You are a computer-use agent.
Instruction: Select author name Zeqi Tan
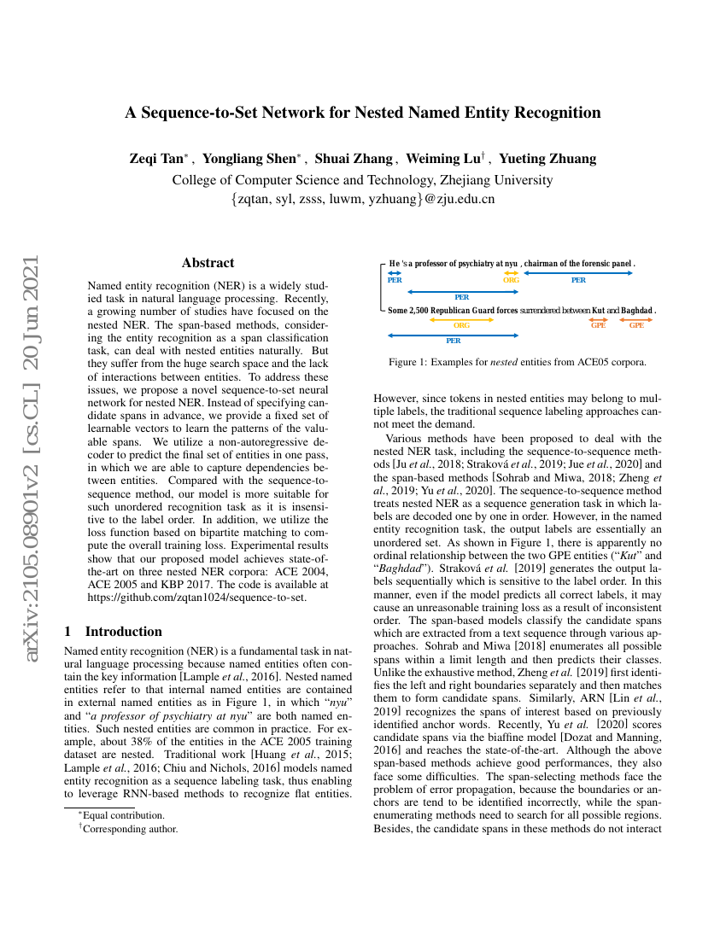click(x=155, y=159)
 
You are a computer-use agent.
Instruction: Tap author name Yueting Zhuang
click(x=547, y=159)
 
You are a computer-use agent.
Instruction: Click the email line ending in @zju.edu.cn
click(x=363, y=200)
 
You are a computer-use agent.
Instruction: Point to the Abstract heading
click(x=208, y=263)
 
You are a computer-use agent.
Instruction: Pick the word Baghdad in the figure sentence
click(x=636, y=311)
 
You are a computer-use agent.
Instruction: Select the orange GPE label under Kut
click(x=599, y=325)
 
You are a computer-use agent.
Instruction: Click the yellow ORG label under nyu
click(x=511, y=280)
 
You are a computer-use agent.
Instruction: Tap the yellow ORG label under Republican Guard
click(x=461, y=325)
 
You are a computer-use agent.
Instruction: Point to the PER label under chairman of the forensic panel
click(x=578, y=280)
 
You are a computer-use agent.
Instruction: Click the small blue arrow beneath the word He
click(x=394, y=272)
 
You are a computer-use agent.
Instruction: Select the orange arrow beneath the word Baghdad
click(x=636, y=319)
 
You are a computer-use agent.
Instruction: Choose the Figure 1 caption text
click(x=518, y=362)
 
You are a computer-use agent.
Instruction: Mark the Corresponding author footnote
click(x=128, y=828)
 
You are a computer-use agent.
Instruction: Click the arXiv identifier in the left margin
click(x=32, y=410)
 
